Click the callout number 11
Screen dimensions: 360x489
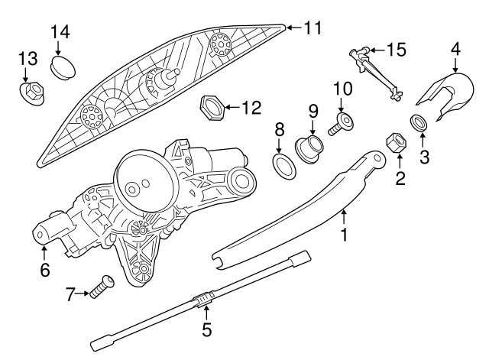(313, 28)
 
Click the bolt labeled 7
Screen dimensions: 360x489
(98, 288)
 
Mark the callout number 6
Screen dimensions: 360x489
(44, 270)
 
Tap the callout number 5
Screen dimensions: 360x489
(205, 330)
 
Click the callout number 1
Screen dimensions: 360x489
(344, 235)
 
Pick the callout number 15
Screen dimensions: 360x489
(396, 50)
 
